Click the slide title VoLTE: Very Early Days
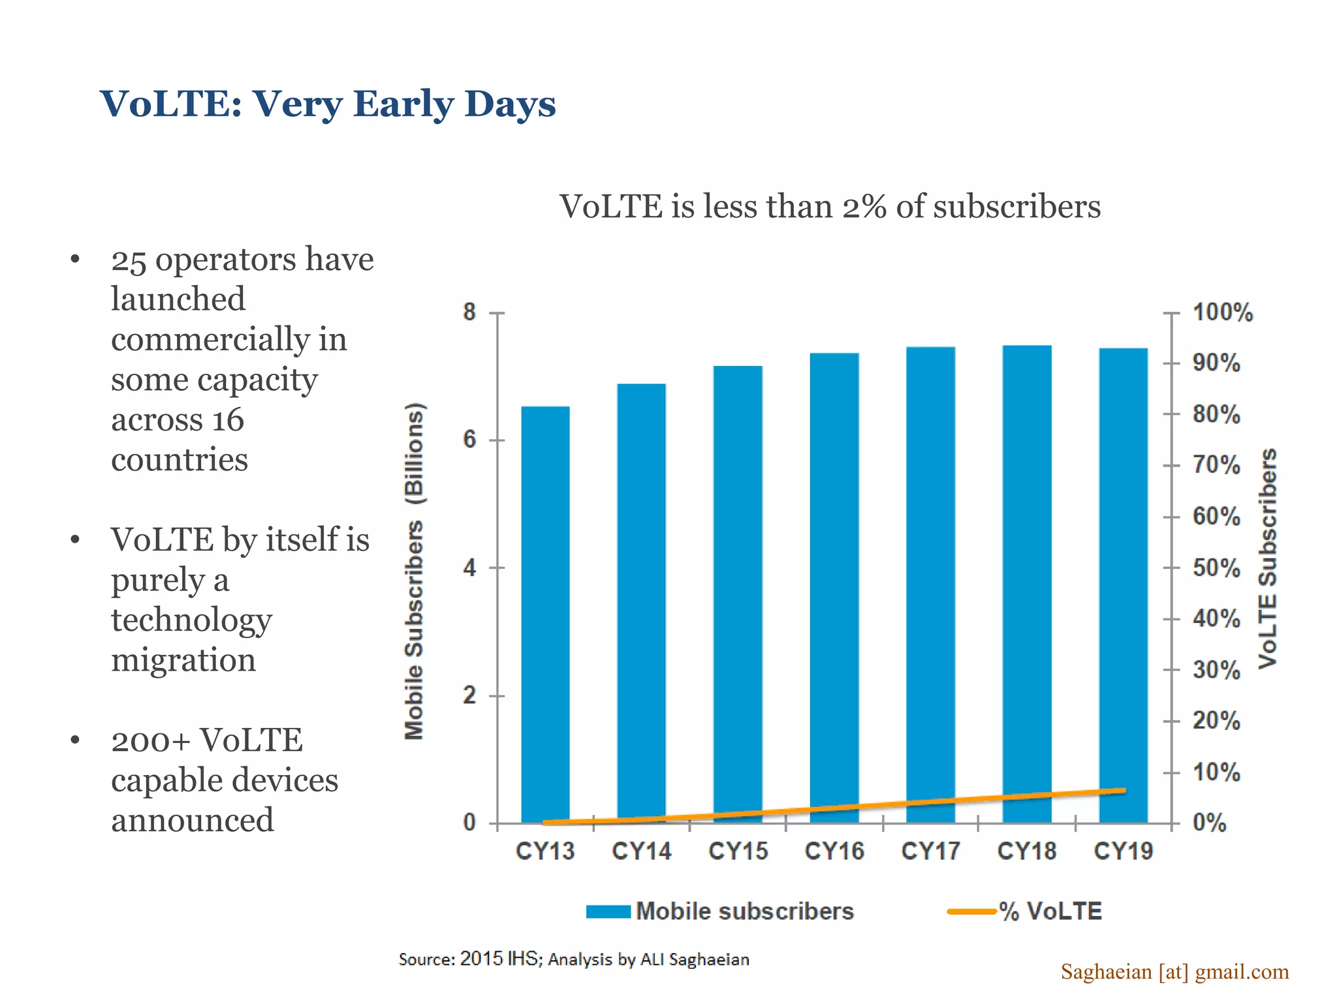[x=328, y=104]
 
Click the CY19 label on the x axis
[x=1124, y=851]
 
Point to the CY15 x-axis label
[x=738, y=851]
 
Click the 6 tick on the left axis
[x=470, y=440]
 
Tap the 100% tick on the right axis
[x=1222, y=312]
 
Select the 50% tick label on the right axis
[x=1216, y=568]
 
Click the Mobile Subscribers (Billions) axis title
[x=415, y=571]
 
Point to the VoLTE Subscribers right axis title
[x=1268, y=558]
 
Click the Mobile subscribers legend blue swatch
[x=608, y=911]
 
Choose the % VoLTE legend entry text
[x=1050, y=911]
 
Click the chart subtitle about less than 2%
[x=830, y=207]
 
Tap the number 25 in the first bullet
[x=129, y=260]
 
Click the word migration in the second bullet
[x=183, y=660]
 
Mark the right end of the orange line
[x=1124, y=791]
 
